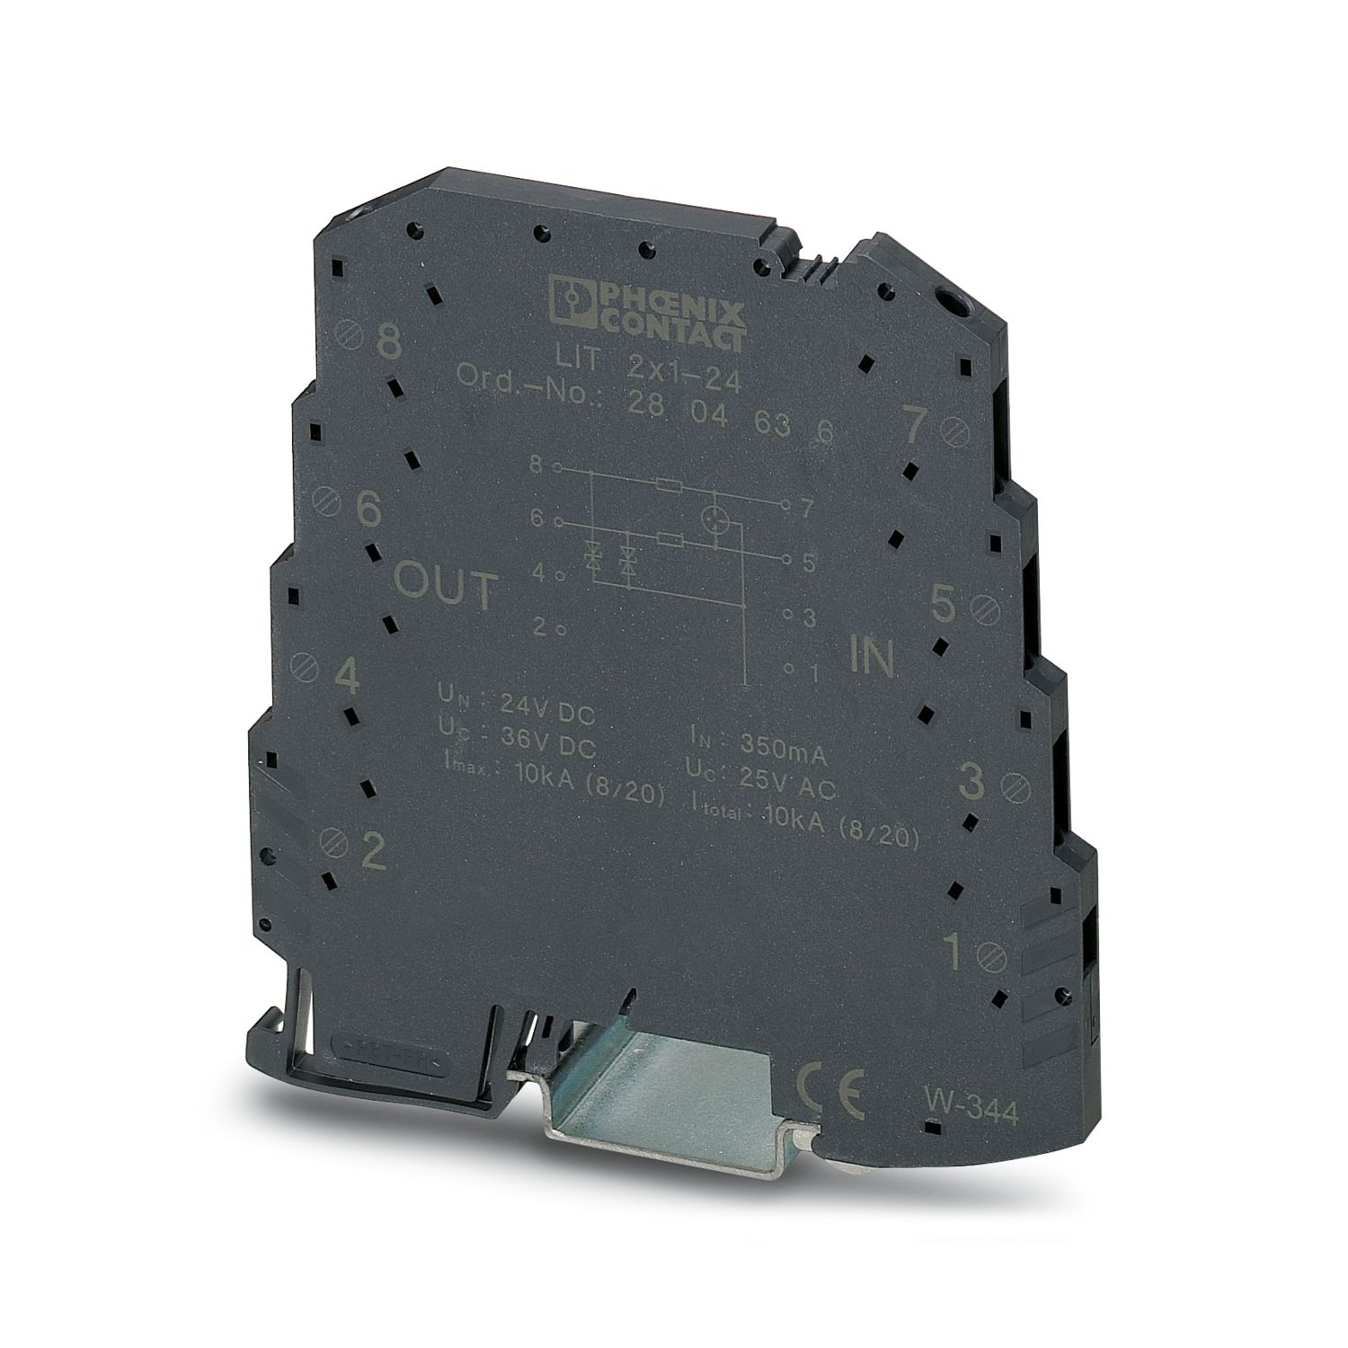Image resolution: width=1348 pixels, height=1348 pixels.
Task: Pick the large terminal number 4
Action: pos(347,678)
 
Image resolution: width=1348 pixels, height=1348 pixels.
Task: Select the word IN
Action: pos(871,658)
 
